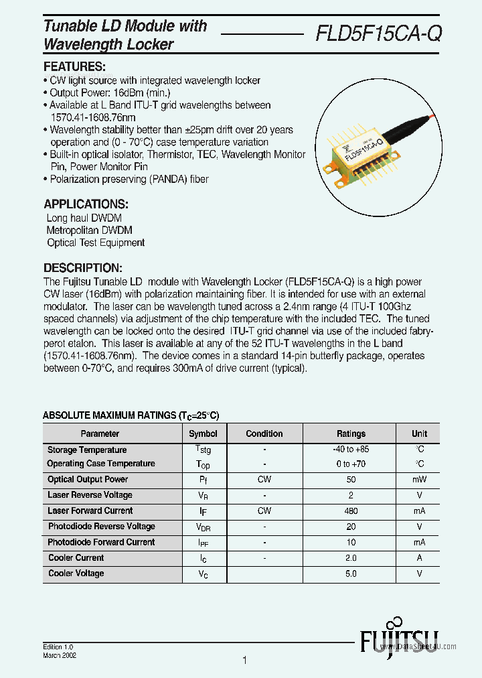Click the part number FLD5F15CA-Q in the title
(x=378, y=33)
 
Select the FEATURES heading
(x=74, y=67)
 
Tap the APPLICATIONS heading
(x=86, y=204)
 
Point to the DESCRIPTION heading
(x=82, y=267)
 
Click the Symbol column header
(x=203, y=433)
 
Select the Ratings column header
(x=351, y=433)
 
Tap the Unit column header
(x=419, y=433)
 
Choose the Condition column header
(x=264, y=433)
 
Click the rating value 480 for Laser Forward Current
(x=351, y=511)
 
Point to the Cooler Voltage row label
(x=76, y=573)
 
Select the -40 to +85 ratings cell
(x=351, y=450)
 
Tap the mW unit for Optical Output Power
(x=419, y=480)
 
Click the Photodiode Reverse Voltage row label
(x=101, y=527)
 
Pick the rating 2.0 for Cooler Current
(x=351, y=558)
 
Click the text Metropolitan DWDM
(x=89, y=230)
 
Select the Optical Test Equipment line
(x=96, y=243)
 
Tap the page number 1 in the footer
(x=244, y=661)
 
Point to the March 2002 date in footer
(x=60, y=656)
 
